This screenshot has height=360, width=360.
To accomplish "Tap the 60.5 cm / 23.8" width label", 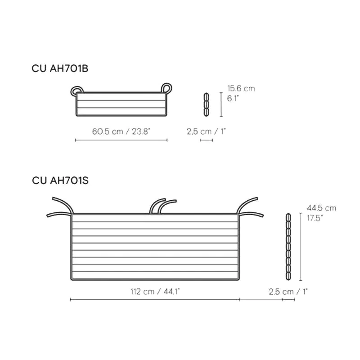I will tap(121, 131).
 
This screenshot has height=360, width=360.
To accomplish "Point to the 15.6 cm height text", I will tap(241, 89).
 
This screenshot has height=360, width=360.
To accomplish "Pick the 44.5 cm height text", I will tap(321, 208).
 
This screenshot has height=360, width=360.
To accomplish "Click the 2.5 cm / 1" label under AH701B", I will tap(206, 131).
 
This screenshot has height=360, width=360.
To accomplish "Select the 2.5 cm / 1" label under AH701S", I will tap(288, 292).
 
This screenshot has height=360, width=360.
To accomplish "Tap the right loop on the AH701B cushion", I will tap(166, 87).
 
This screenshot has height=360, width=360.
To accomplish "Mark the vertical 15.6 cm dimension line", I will tap(221, 104).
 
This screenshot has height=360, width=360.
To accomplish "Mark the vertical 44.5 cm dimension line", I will tap(301, 246).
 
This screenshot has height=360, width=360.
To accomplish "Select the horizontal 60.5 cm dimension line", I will tap(121, 140).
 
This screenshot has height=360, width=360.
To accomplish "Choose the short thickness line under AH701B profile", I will tap(206, 140).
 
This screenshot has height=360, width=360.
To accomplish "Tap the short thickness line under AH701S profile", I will tap(288, 300).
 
